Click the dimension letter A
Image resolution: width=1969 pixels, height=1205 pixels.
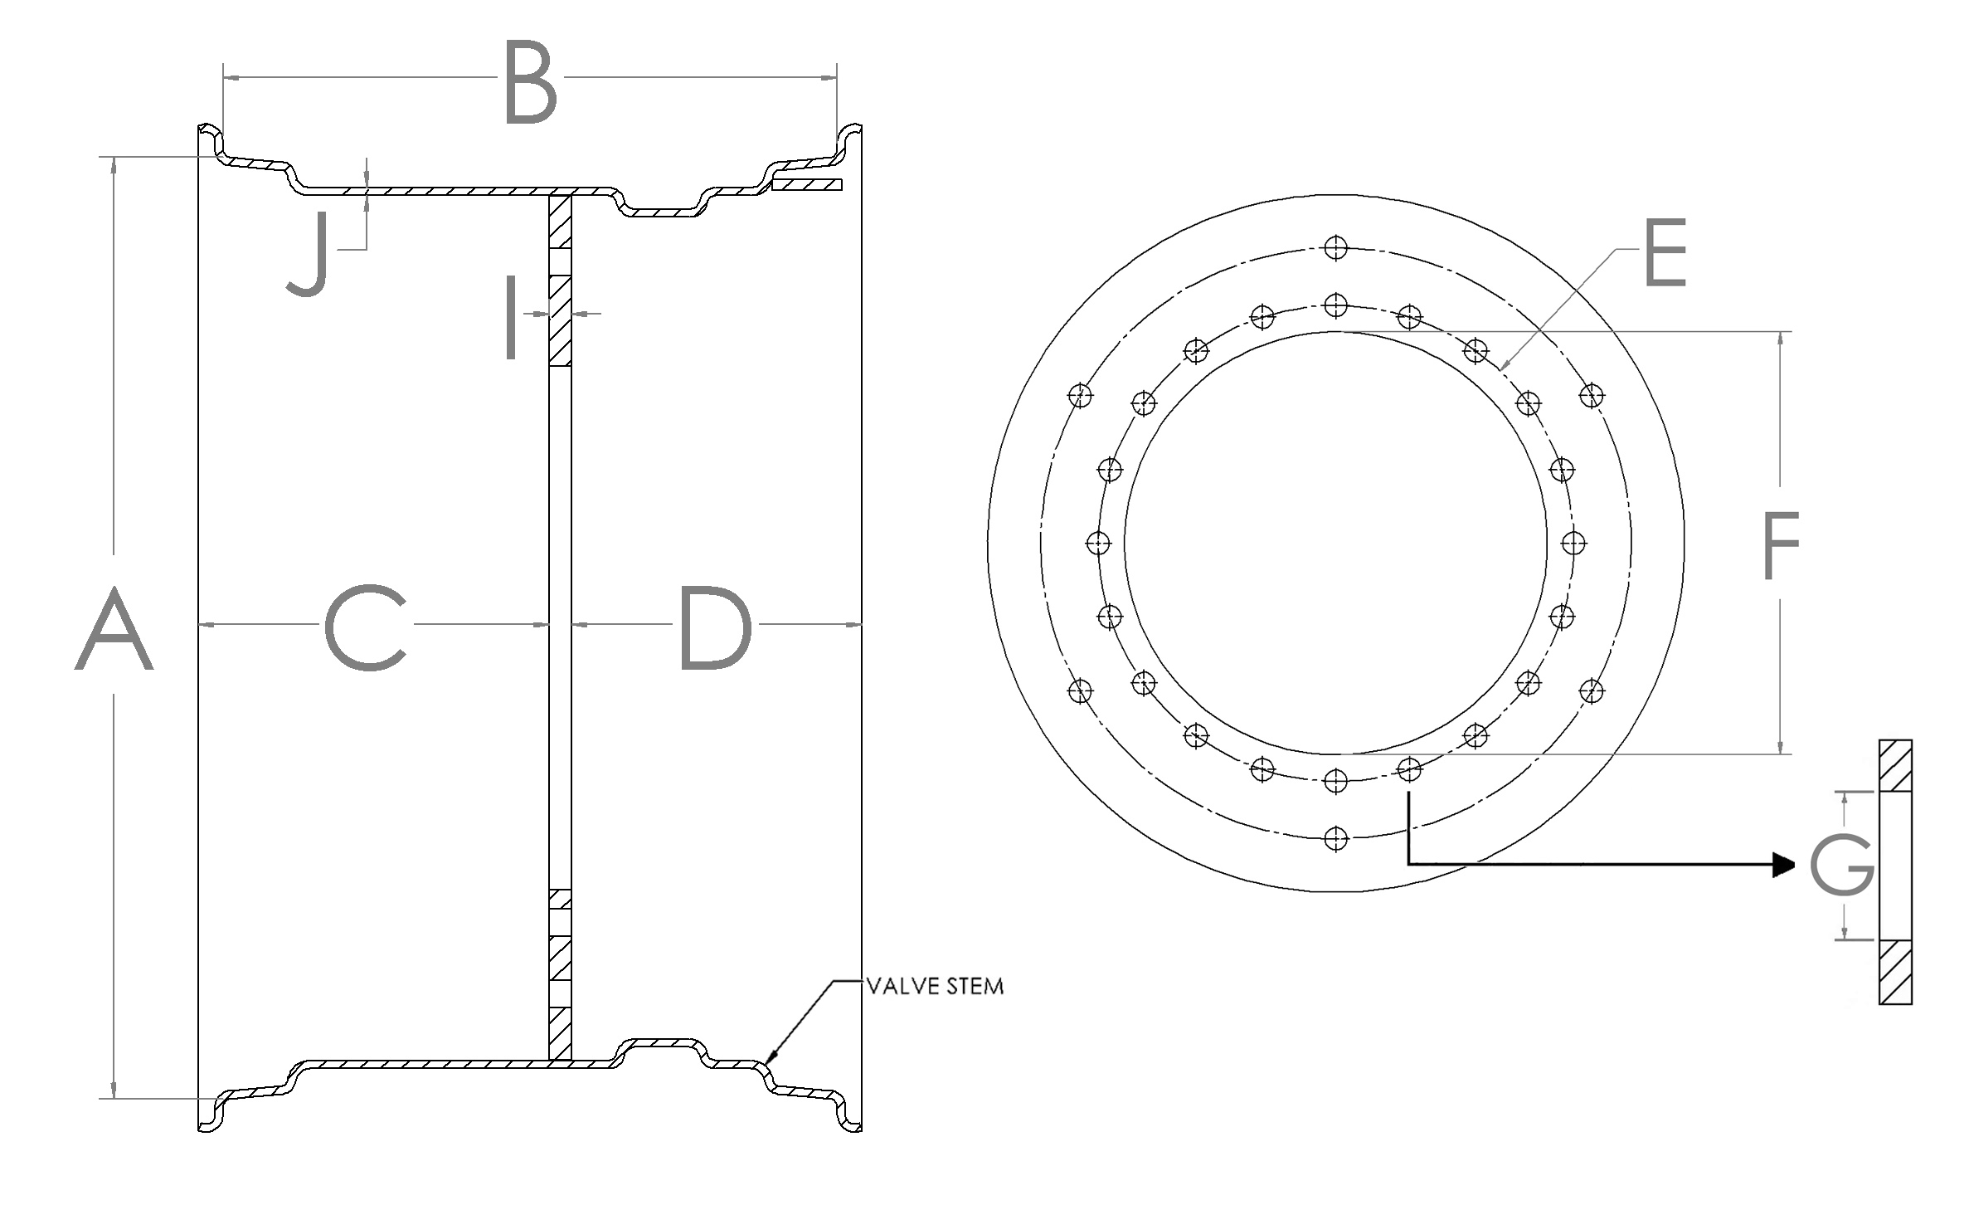click(x=114, y=628)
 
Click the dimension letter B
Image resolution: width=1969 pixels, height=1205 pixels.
click(x=531, y=86)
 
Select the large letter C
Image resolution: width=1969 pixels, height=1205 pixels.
click(x=366, y=627)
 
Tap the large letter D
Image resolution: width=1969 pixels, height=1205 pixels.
click(x=715, y=627)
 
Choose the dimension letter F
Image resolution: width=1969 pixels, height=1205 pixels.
click(x=1781, y=545)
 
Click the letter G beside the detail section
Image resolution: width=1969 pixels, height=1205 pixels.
click(x=1842, y=865)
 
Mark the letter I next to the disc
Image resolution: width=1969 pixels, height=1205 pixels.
click(x=512, y=319)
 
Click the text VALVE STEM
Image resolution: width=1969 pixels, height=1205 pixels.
click(x=935, y=987)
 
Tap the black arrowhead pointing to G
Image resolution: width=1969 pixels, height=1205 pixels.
click(x=1784, y=865)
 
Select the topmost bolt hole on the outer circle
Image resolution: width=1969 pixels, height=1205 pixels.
click(x=1335, y=247)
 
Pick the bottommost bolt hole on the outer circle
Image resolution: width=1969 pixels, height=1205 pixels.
click(x=1335, y=839)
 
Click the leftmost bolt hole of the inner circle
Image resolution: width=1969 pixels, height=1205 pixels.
click(x=1098, y=543)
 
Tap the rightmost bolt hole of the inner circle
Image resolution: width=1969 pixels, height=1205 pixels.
click(x=1573, y=543)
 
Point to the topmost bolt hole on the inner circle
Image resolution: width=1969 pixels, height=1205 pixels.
click(x=1335, y=305)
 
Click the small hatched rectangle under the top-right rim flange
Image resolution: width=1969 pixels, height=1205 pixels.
click(x=806, y=184)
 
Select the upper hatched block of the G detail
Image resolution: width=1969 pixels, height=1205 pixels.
click(x=1895, y=765)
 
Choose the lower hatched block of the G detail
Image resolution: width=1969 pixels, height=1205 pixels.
click(x=1895, y=972)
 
